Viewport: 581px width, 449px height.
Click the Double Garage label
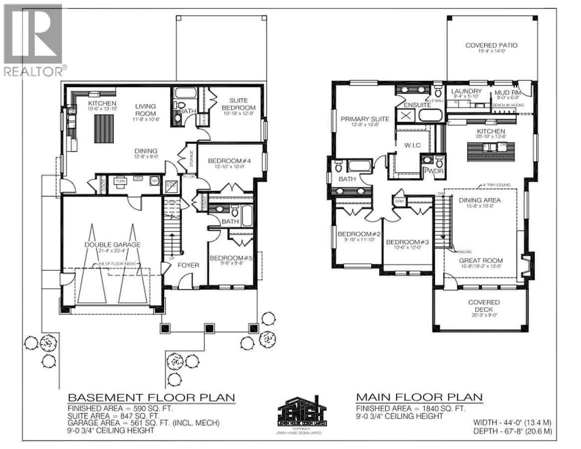[x=112, y=244]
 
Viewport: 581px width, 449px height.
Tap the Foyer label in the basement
[x=189, y=265]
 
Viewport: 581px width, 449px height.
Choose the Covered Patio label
[x=491, y=45]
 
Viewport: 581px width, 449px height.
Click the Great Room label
[x=481, y=260]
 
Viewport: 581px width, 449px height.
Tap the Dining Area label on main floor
[x=479, y=200]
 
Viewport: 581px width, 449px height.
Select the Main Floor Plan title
[x=419, y=397]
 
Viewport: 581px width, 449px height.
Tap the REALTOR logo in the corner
[x=33, y=40]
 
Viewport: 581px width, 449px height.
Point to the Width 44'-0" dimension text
[x=511, y=422]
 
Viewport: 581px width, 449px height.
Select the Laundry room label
[x=466, y=91]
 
